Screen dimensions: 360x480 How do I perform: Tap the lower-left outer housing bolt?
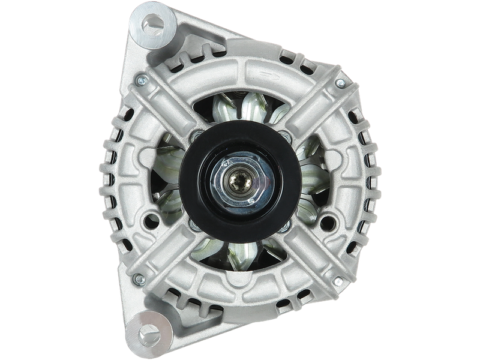point(139,278)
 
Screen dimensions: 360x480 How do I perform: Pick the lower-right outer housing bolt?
point(338,281)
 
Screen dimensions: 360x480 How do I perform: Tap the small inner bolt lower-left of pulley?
point(193,224)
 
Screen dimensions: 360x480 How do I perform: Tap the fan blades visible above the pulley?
point(240,111)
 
